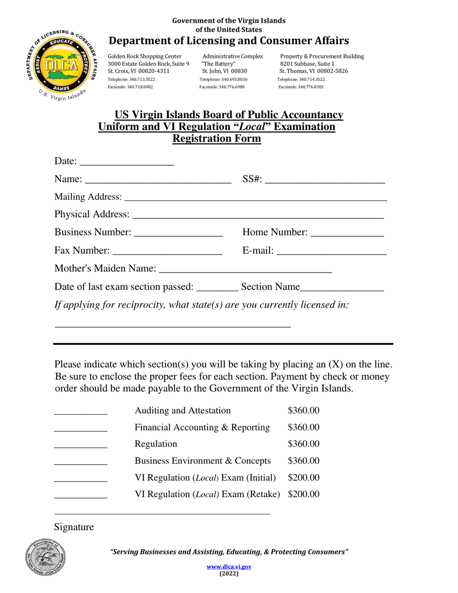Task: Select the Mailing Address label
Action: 88,197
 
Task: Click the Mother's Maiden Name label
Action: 105,268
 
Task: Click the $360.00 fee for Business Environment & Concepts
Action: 303,461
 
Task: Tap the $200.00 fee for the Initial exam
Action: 303,478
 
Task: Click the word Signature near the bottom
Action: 74,527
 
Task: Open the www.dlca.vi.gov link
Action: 229,567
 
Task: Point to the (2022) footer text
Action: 229,574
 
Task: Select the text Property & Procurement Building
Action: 322,56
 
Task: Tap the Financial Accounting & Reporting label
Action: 202,427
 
